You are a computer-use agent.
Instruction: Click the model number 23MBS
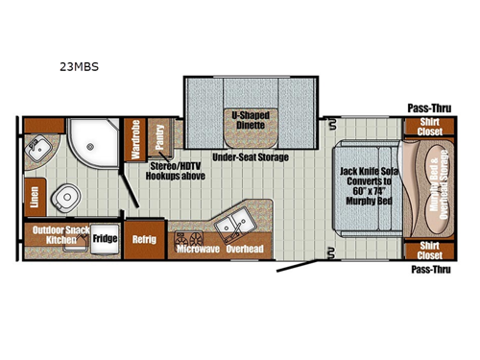[x=79, y=67]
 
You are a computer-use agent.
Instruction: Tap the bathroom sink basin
[x=42, y=150]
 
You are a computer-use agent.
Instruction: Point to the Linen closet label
[x=34, y=194]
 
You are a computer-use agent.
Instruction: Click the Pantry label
[x=158, y=136]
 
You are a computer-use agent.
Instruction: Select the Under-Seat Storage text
[x=250, y=157]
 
